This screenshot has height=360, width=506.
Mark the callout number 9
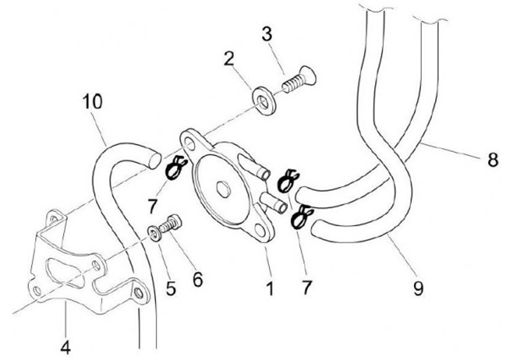418,288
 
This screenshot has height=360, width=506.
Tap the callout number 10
91,102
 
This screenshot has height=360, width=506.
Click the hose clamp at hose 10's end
174,169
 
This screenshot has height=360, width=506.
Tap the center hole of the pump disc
223,188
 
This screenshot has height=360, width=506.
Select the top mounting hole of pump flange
190,143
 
